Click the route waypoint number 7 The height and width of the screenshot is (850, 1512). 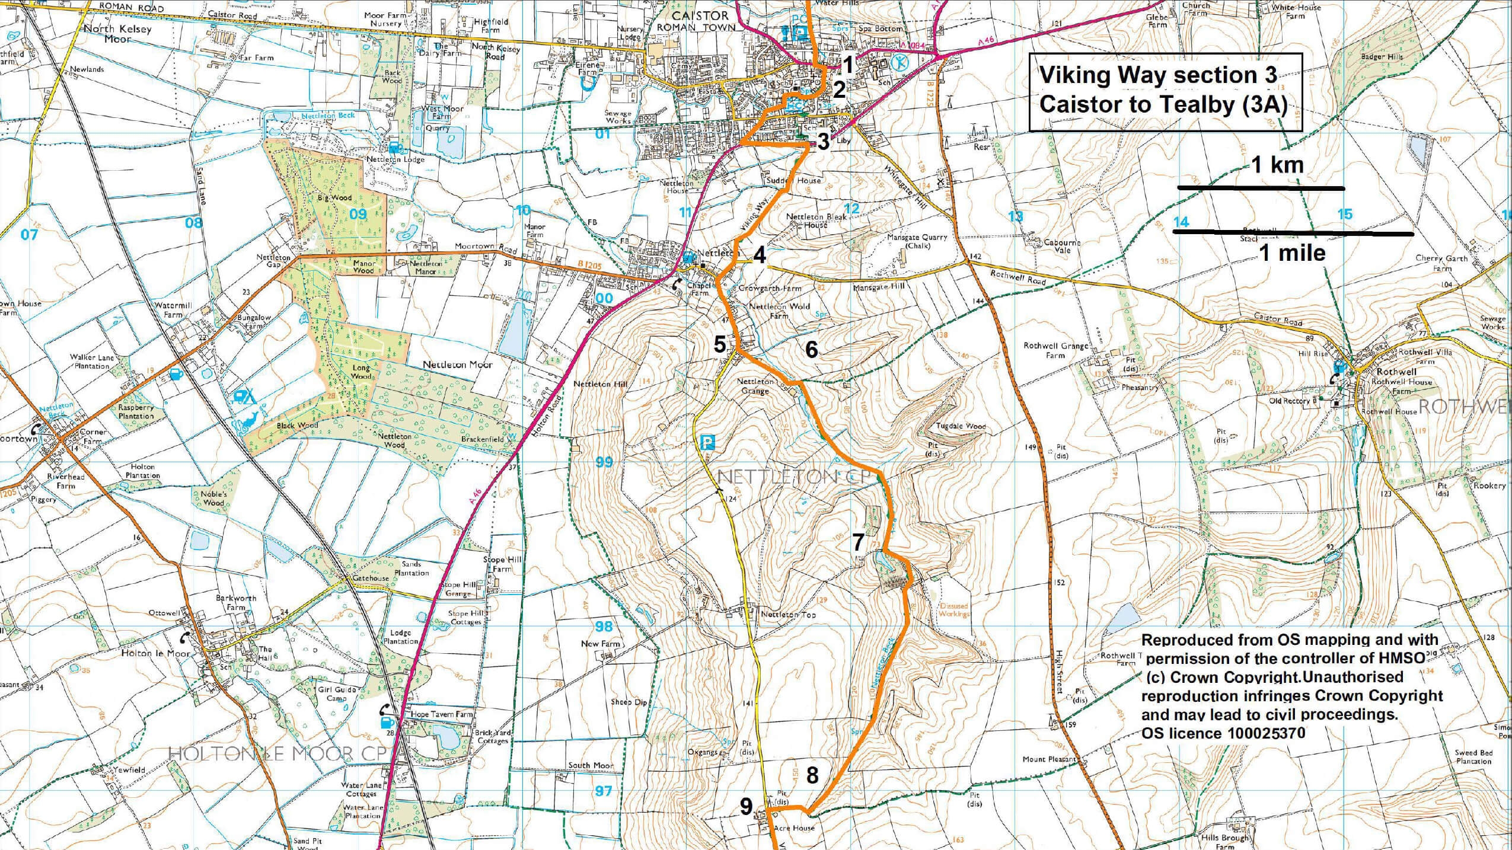point(858,542)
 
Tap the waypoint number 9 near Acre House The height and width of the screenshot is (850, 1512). point(746,806)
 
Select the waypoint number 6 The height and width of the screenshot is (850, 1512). point(811,350)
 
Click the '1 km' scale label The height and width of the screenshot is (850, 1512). point(1277,165)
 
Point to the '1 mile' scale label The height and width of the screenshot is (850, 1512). point(1291,253)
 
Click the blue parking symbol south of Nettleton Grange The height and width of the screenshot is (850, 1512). point(708,442)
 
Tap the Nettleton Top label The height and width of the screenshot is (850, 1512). point(788,615)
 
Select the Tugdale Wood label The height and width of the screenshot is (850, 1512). point(961,426)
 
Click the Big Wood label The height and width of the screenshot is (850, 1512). point(335,197)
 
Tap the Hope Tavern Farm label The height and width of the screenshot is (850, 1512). point(442,714)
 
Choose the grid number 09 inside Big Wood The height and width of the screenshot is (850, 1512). point(358,214)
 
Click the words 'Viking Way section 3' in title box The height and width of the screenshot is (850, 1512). point(1157,75)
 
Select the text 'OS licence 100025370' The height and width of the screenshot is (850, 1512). point(1223,733)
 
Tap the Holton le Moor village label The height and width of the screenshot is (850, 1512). point(155,653)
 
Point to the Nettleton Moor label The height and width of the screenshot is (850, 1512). point(457,365)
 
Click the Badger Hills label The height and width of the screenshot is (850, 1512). point(1382,57)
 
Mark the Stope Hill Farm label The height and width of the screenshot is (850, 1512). point(502,564)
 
